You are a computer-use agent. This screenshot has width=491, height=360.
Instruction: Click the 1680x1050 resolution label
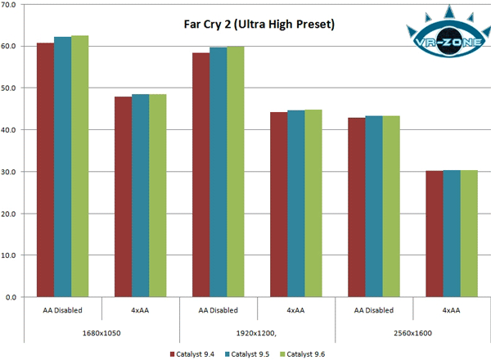point(102,334)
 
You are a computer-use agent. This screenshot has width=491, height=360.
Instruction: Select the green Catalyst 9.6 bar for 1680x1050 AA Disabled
point(80,167)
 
